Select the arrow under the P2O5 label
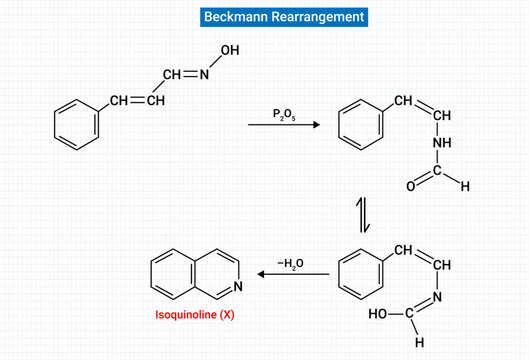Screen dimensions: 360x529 coord(284,125)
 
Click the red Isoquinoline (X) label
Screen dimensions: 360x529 coord(196,315)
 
